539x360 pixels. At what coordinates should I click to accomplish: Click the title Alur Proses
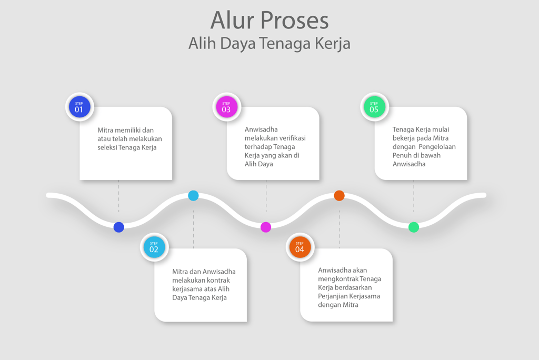click(269, 21)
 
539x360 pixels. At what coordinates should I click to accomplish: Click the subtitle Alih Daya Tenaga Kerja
click(269, 43)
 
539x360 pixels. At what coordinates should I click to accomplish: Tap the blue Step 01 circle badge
click(79, 107)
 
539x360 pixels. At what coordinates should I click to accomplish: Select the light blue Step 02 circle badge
click(154, 247)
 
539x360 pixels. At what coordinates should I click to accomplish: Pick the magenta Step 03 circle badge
click(226, 107)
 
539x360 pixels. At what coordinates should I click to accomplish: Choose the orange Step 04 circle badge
click(300, 247)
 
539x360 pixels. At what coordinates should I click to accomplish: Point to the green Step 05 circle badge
click(374, 107)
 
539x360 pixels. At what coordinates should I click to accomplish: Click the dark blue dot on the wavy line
click(119, 227)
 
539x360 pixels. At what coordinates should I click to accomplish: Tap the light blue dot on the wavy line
click(193, 196)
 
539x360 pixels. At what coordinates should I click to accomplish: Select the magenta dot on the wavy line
click(266, 227)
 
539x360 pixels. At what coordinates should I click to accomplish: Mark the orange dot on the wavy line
click(340, 196)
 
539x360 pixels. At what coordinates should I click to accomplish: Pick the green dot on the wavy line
click(414, 227)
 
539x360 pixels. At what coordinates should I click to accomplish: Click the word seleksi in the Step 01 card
click(108, 147)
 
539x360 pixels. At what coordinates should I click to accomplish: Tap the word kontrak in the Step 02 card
click(218, 281)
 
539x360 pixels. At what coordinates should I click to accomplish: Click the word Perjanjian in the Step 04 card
click(333, 296)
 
